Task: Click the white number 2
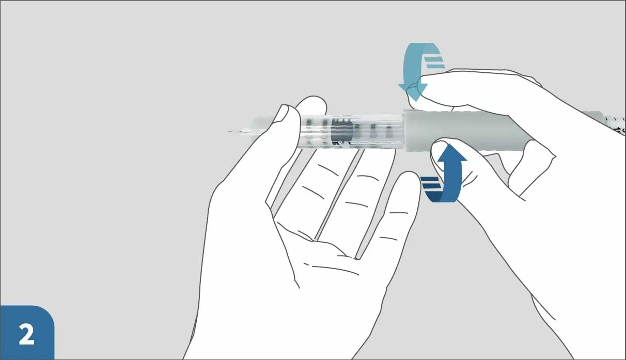pyautogui.click(x=26, y=335)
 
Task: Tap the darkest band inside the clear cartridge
pyautogui.click(x=341, y=132)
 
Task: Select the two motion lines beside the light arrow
pyautogui.click(x=435, y=62)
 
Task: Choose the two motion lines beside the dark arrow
pyautogui.click(x=430, y=183)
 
